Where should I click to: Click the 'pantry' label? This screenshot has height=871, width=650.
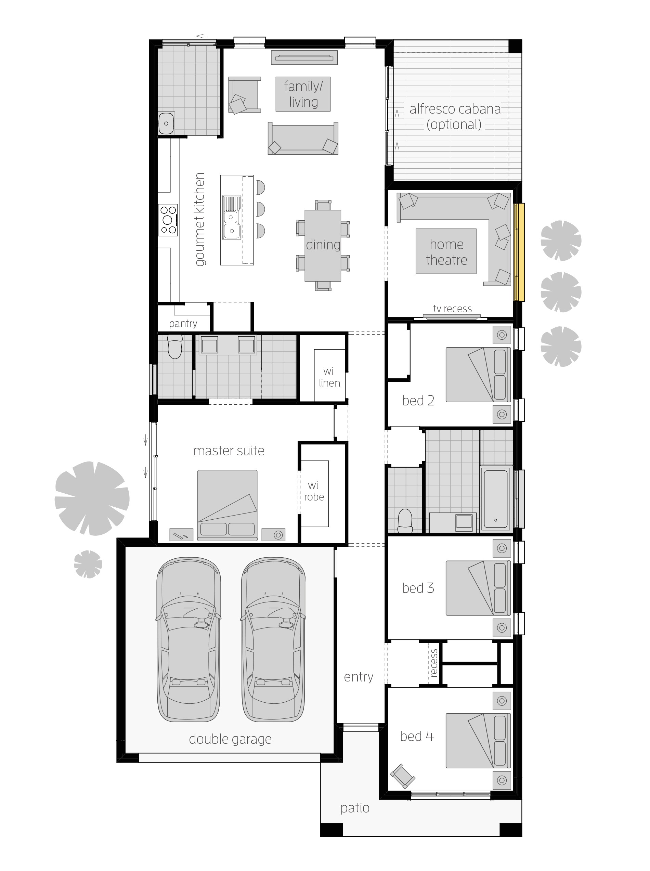pos(183,323)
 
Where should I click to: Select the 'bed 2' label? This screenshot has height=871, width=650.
pos(418,401)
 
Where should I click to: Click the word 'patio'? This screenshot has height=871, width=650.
pos(355,808)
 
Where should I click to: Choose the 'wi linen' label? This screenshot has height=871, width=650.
pos(329,377)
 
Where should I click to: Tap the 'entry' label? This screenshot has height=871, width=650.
pos(359,677)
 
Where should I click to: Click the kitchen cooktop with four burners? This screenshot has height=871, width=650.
pos(168,220)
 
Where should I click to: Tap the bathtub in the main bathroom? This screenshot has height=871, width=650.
pos(495,498)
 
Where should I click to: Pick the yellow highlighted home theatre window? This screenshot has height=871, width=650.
pos(519,252)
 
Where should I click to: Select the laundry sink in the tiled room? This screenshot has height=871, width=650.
pos(167,123)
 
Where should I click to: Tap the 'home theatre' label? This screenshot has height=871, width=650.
pos(446,252)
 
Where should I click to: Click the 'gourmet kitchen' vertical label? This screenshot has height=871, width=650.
pos(200,219)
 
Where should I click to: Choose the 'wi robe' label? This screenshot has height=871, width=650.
pos(314,491)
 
